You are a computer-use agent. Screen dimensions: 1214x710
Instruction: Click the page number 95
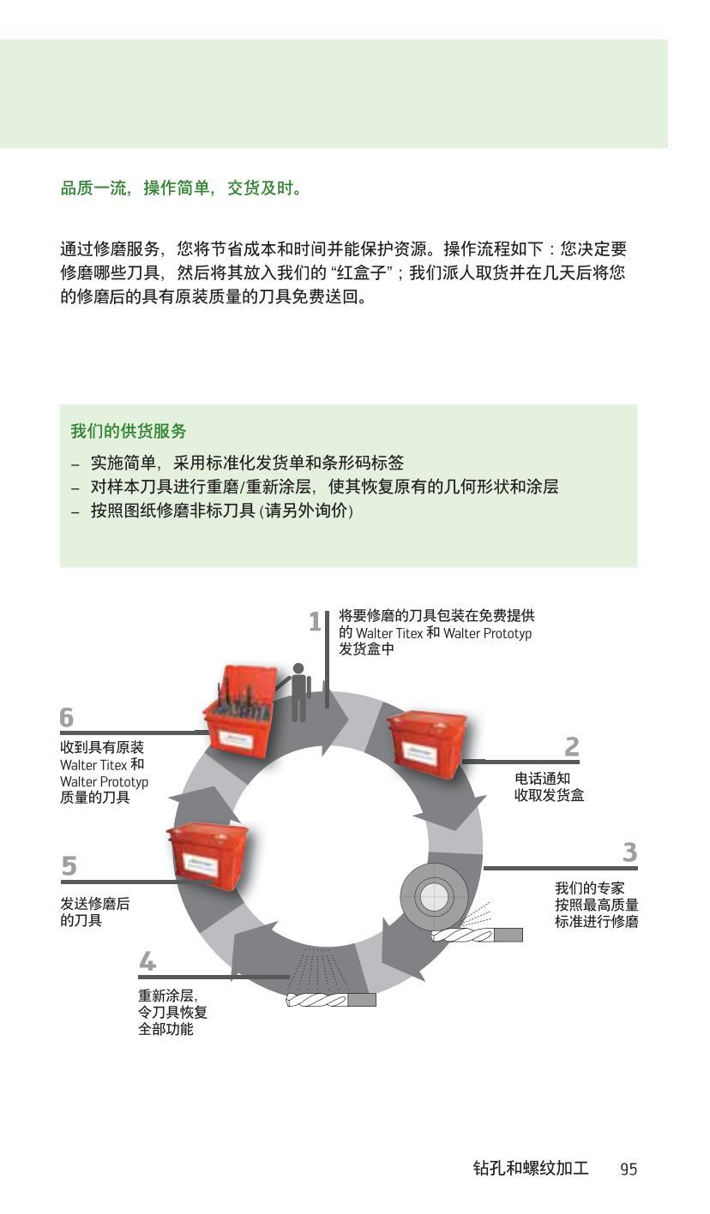[x=629, y=1169]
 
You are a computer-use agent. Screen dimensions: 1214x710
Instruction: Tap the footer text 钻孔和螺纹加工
[x=530, y=1169]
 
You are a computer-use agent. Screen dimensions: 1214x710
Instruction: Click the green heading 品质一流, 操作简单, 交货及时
[x=182, y=188]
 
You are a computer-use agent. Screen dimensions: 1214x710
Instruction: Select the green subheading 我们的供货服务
[x=129, y=431]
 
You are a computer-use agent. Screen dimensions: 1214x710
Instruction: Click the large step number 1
[x=315, y=622]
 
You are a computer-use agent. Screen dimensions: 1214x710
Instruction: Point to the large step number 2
[x=572, y=747]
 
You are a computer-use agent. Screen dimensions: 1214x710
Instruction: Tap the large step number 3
[x=629, y=853]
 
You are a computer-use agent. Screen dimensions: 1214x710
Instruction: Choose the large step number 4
[x=147, y=962]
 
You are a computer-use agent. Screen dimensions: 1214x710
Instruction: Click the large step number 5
[x=69, y=867]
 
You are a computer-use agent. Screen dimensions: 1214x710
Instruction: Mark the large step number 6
[x=67, y=717]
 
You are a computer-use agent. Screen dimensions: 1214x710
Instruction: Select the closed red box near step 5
[x=208, y=853]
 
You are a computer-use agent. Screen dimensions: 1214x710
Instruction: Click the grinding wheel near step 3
[x=433, y=897]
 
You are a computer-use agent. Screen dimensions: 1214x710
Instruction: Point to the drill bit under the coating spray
[x=330, y=1000]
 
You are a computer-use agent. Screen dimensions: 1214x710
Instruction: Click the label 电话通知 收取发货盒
[x=549, y=787]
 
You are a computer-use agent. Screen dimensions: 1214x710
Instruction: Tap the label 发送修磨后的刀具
[x=94, y=912]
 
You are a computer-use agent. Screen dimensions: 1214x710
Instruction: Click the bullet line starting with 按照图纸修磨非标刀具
[x=221, y=511]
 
